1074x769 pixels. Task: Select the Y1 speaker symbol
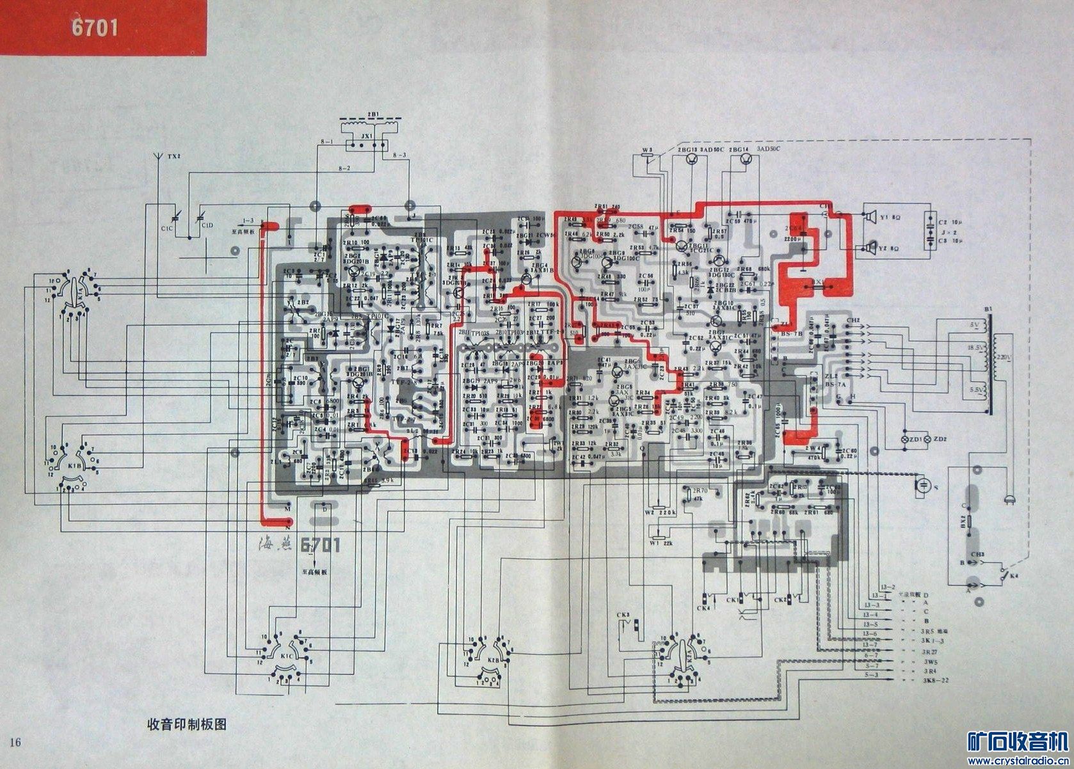tap(869, 218)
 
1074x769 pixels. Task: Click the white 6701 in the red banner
tap(94, 29)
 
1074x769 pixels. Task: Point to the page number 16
tap(15, 742)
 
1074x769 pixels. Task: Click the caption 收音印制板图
tap(187, 725)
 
